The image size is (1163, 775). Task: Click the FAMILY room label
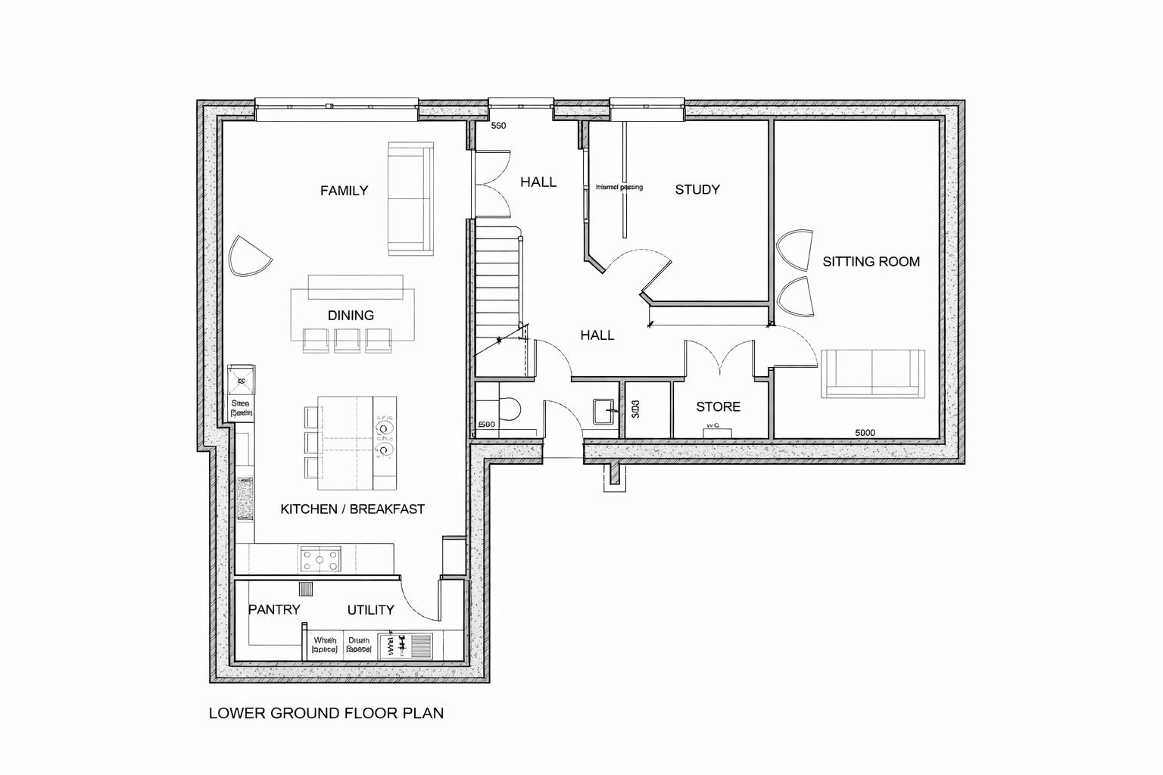pos(344,191)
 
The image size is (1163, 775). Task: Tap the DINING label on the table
pos(351,316)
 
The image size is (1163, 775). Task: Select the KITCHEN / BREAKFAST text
pos(352,509)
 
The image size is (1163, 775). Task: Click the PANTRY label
pos(274,609)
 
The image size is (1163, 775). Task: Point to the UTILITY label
pos(370,610)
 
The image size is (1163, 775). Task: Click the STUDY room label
pos(697,190)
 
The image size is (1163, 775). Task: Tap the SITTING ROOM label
pos(871,262)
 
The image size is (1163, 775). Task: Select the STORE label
pos(718,407)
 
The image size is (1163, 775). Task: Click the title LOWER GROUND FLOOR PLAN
pos(326,713)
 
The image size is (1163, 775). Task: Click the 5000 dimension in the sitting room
pos(865,433)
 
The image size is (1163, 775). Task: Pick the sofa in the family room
pos(410,198)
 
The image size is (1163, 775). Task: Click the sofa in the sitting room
pos(872,374)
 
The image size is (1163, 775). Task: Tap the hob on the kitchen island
pos(384,439)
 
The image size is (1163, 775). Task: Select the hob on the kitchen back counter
pos(321,560)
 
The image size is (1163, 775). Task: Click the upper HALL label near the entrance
pos(538,182)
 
